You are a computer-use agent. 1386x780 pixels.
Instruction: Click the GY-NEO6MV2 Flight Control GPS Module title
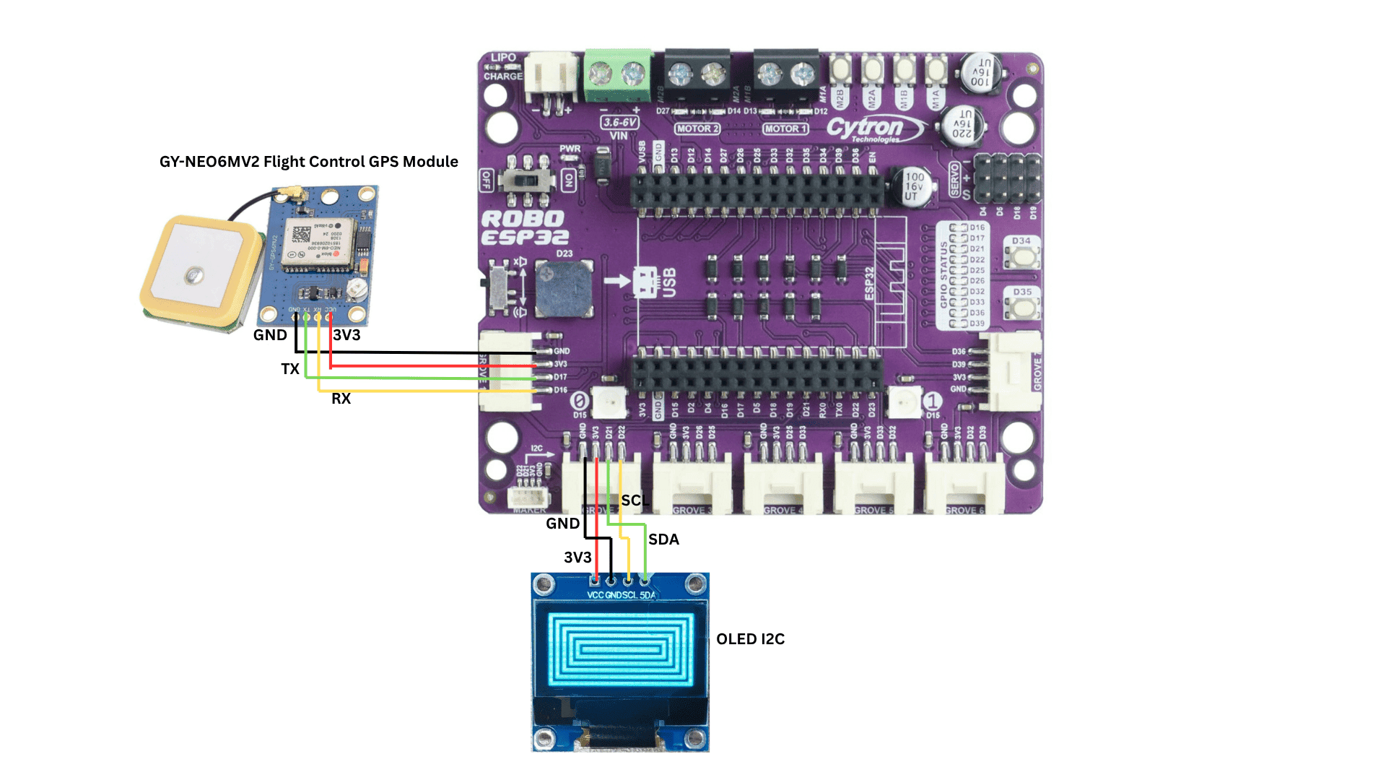[308, 162]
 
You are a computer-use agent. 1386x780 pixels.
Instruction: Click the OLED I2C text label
[750, 639]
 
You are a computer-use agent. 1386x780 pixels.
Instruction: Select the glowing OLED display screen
[620, 649]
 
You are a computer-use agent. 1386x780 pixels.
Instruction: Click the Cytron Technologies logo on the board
[874, 129]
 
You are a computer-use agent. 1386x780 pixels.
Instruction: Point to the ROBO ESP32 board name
[524, 227]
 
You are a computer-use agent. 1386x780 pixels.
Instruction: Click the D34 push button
[1021, 256]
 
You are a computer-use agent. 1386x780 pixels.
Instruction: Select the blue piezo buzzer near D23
[563, 289]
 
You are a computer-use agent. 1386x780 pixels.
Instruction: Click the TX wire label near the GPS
[290, 369]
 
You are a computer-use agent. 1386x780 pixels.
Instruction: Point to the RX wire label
[341, 399]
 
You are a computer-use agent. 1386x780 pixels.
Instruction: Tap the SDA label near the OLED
[663, 539]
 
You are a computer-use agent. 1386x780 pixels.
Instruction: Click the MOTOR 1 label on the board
[785, 129]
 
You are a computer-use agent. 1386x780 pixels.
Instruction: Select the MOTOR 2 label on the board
[697, 129]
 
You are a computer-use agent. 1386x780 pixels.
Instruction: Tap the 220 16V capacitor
[962, 124]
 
